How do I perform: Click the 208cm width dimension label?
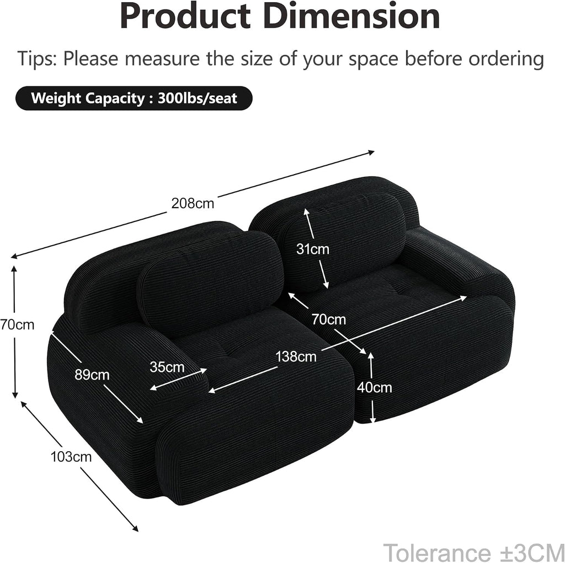193,203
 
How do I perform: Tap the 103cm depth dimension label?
71,457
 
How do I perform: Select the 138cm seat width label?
296,356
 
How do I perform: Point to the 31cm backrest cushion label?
313,249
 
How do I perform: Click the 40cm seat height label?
375,387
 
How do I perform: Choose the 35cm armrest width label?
167,367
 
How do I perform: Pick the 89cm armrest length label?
92,375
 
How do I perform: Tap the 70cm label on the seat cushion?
329,319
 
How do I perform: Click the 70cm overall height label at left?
17,324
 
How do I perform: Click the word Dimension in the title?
354,16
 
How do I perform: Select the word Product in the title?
185,16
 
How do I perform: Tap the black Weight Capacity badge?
134,98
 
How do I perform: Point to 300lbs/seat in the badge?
198,98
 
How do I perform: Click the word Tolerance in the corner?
436,552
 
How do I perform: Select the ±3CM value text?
529,552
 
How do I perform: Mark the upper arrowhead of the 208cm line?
372,153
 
